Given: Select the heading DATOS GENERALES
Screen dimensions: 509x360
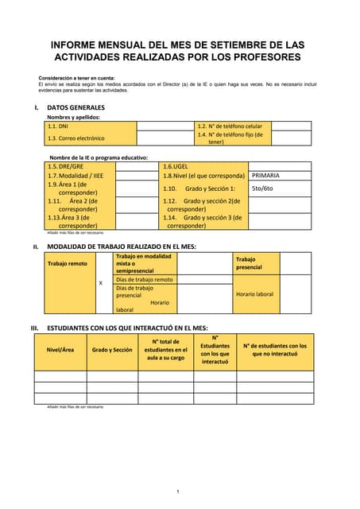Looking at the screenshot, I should click(75, 107).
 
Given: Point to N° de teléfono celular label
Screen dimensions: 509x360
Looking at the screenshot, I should click(229, 126).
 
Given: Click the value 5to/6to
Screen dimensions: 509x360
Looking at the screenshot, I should click(261, 188).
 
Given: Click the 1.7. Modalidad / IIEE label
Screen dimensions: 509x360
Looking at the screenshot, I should click(75, 175).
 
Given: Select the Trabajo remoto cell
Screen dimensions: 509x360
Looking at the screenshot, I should click(68, 263).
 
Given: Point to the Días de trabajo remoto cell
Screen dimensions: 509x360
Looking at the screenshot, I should click(144, 279).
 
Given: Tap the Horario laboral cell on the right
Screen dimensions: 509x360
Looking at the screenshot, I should click(254, 293).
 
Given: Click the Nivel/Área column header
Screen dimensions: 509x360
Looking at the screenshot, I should click(60, 349).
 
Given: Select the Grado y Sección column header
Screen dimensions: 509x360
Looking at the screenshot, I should click(112, 349).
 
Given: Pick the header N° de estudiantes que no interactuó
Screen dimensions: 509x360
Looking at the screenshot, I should click(274, 350).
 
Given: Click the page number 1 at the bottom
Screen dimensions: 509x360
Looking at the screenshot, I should click(178, 491).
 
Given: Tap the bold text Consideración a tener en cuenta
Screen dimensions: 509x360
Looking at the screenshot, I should click(76, 77).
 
